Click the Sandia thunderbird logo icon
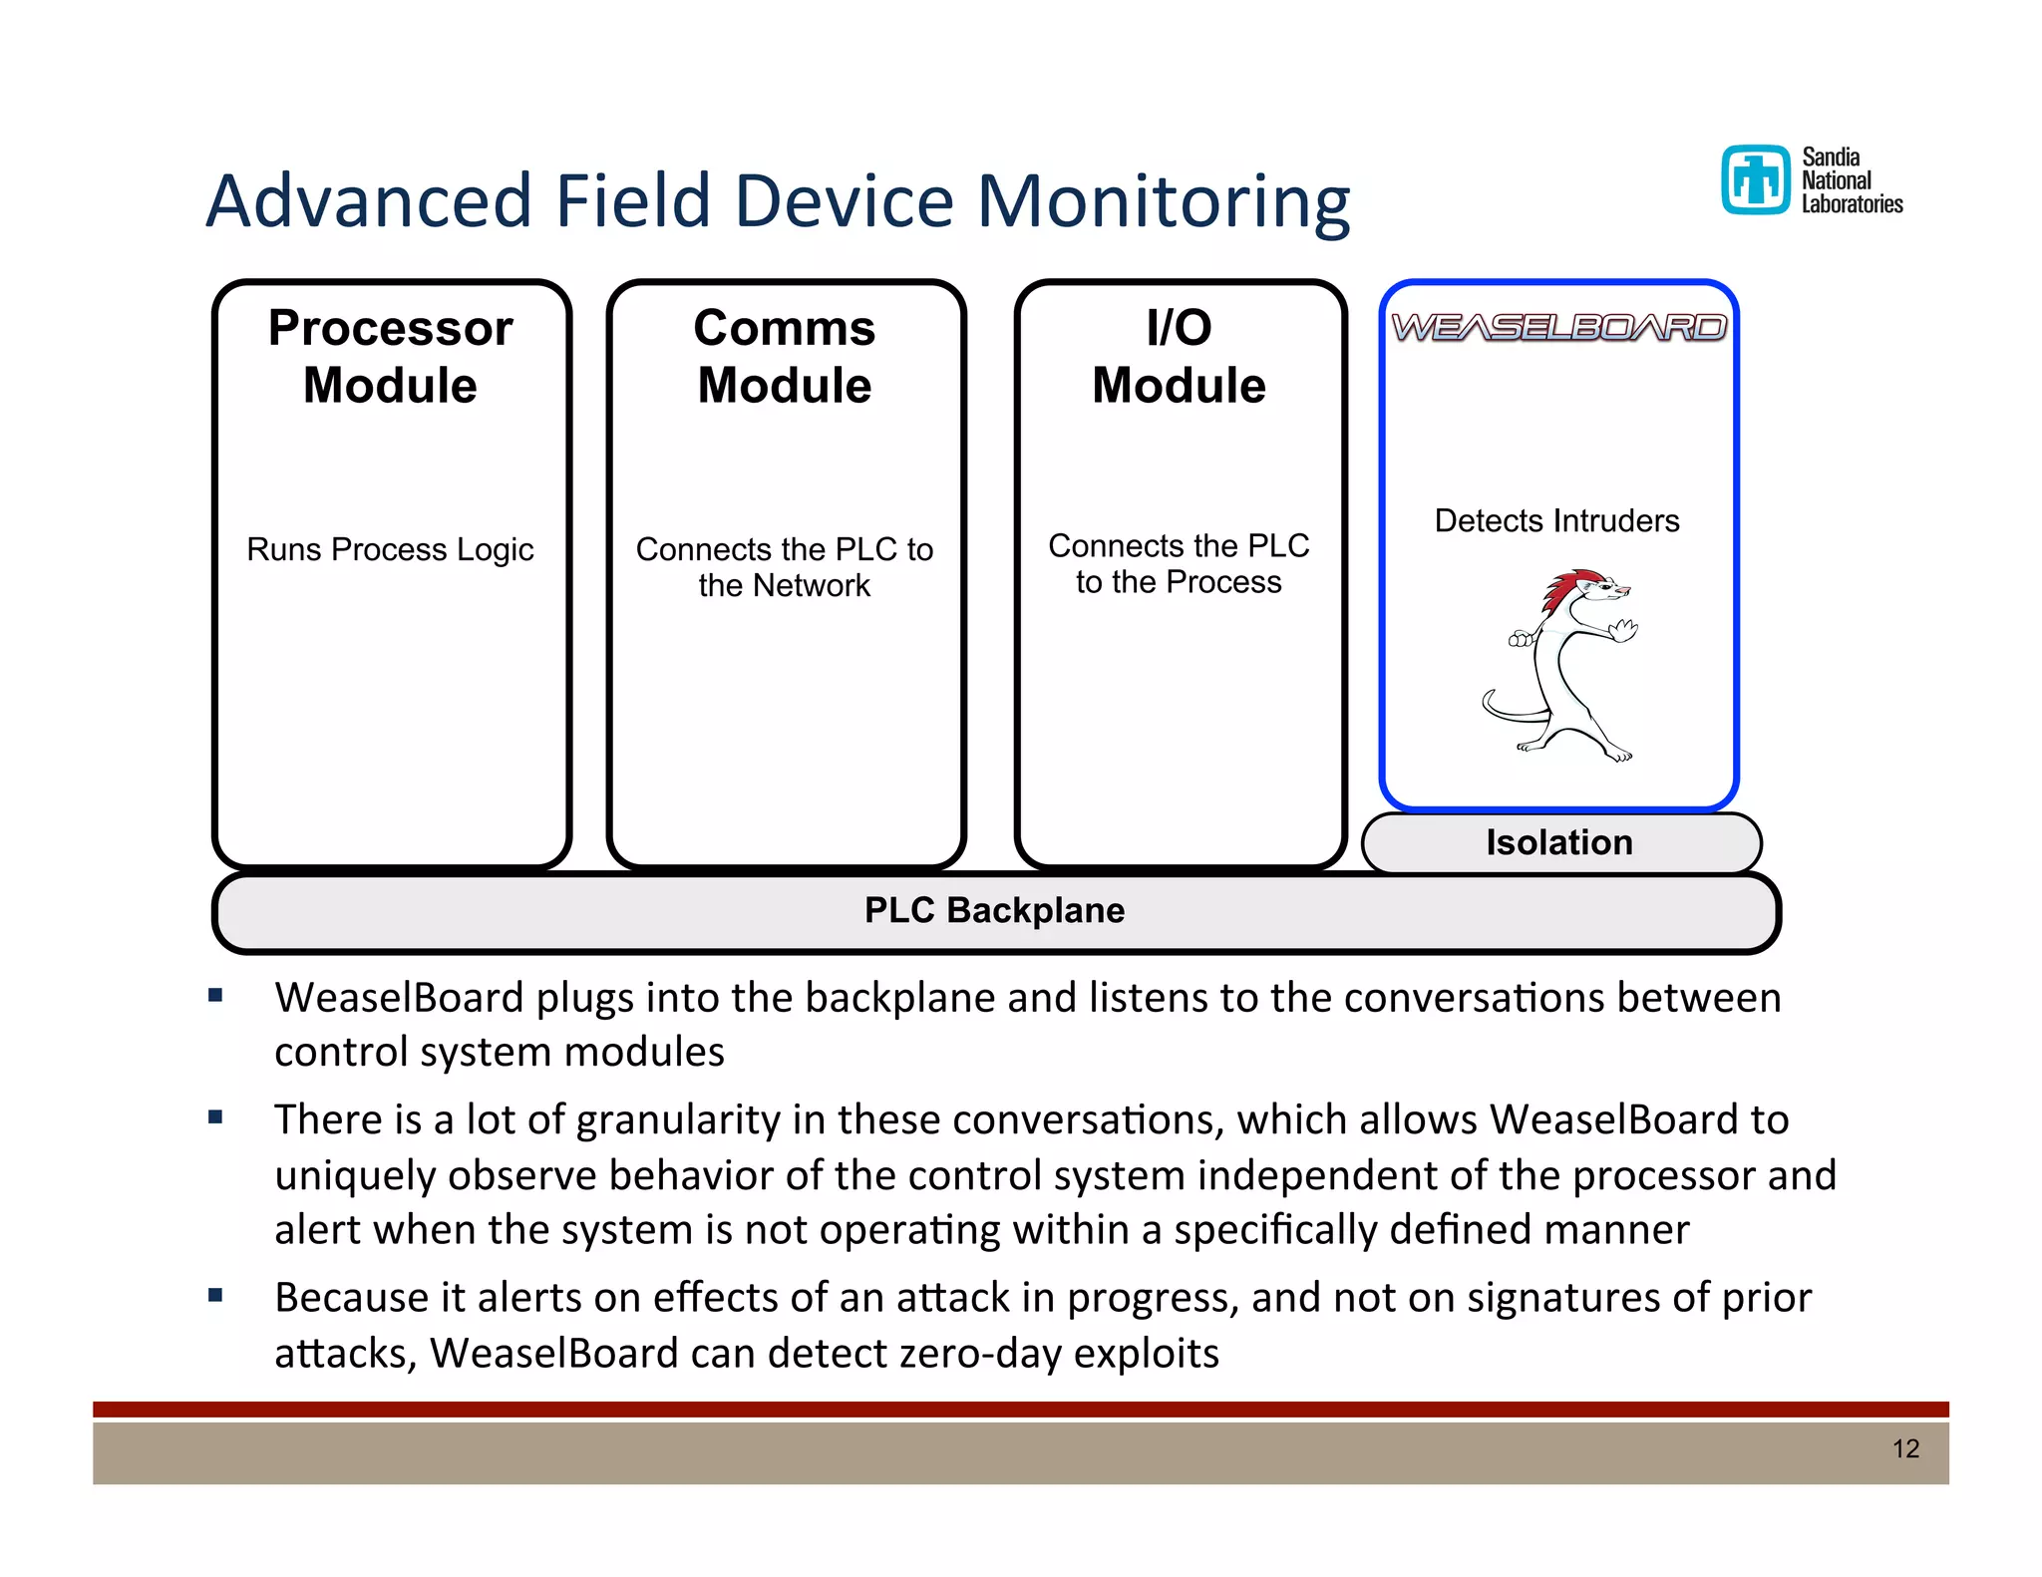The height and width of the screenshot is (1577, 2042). point(1756,180)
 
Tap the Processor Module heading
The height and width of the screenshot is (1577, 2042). point(391,357)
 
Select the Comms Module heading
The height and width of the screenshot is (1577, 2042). point(785,357)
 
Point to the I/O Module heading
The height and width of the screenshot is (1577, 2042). point(1179,357)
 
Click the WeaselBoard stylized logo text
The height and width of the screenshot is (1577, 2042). point(1558,327)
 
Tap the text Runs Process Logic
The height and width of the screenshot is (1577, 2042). point(390,549)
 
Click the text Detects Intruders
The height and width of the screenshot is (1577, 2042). point(1556,520)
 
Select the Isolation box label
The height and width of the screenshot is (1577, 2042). point(1559,843)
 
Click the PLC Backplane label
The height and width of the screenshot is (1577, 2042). point(994,911)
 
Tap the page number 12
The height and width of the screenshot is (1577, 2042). point(1905,1448)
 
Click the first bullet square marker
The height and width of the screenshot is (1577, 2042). point(215,995)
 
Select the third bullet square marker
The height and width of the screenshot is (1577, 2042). point(215,1296)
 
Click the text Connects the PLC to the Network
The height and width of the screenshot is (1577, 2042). point(785,567)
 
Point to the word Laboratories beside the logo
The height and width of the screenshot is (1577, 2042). point(1852,204)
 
